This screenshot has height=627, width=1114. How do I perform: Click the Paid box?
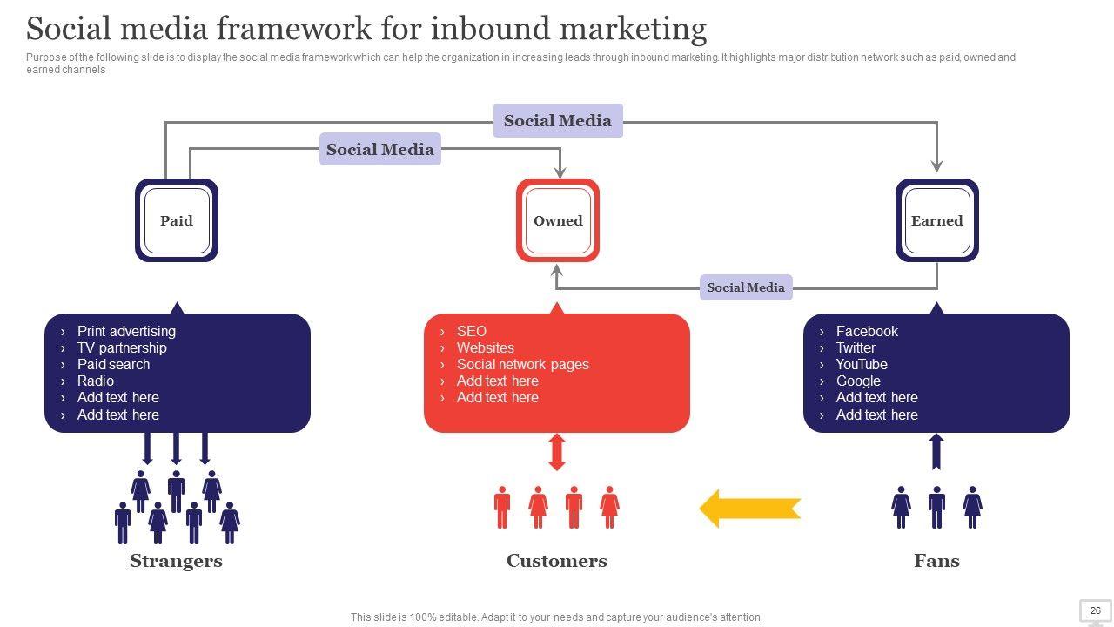(x=177, y=220)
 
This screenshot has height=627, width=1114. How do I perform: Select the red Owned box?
(x=558, y=220)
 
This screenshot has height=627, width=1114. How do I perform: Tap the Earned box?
(x=937, y=220)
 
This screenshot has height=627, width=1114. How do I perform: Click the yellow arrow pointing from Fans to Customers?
(x=750, y=508)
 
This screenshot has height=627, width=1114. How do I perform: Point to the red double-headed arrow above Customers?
(x=557, y=452)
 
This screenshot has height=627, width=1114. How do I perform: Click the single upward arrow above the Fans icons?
(x=936, y=451)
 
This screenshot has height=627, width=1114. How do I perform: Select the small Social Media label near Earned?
(x=746, y=287)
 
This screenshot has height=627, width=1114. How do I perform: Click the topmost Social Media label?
(x=558, y=120)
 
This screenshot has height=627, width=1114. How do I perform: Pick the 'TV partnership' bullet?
(x=122, y=347)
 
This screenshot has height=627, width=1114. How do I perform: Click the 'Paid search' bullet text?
(x=113, y=364)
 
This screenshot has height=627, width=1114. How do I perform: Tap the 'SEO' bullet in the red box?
(x=472, y=331)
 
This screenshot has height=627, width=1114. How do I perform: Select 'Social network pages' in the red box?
(x=523, y=364)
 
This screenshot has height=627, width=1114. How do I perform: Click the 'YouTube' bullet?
(x=862, y=364)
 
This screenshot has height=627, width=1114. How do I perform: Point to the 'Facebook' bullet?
(x=867, y=331)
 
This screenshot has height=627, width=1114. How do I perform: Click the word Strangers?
(x=176, y=561)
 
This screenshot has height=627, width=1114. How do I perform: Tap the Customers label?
(x=557, y=561)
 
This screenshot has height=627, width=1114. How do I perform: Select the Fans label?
(x=937, y=561)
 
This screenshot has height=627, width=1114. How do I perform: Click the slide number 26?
(x=1095, y=610)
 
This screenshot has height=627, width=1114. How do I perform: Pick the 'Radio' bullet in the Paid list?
(x=96, y=381)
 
